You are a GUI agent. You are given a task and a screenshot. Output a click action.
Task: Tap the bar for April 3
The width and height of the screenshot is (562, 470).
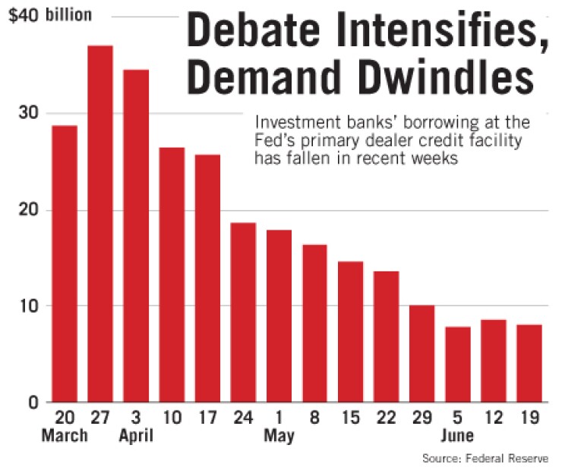[136, 235]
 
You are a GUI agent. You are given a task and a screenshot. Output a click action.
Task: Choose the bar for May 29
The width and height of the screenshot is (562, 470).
[421, 353]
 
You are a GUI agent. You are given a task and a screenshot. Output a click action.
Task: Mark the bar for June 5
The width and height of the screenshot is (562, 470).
[457, 364]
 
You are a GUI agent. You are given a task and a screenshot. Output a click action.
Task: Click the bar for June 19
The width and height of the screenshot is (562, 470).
[529, 363]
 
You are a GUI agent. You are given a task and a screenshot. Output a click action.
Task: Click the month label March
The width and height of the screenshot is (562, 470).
[65, 437]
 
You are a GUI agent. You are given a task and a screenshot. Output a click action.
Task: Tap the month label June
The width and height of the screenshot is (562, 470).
[457, 437]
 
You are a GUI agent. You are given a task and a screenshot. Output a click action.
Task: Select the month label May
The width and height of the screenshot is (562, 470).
[279, 437]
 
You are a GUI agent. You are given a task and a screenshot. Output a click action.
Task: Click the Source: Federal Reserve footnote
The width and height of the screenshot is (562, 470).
[485, 459]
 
